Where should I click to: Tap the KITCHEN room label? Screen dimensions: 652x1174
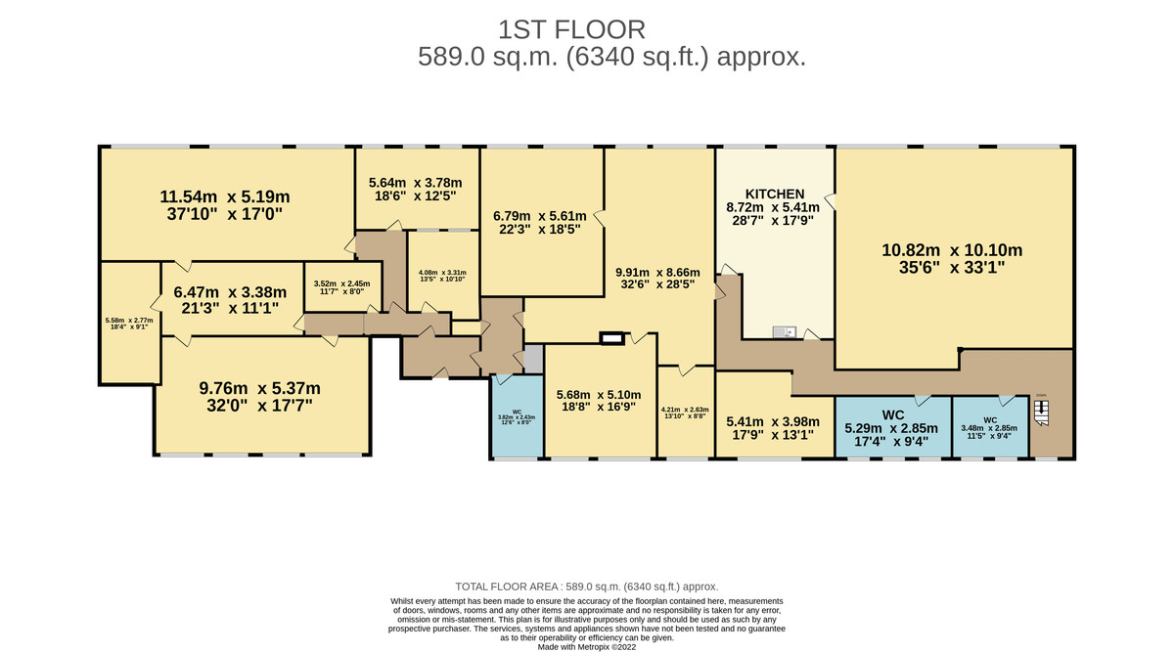(x=775, y=194)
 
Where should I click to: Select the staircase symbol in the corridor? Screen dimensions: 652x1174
(x=1042, y=414)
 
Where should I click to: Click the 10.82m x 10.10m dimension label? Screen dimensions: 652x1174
(x=951, y=257)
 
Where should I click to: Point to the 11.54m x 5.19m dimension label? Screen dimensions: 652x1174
(x=228, y=204)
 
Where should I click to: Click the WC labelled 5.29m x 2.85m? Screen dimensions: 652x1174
(x=892, y=427)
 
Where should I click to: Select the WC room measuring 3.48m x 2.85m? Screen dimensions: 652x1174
(x=990, y=427)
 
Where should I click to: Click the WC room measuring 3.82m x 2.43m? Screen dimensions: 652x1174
(x=516, y=417)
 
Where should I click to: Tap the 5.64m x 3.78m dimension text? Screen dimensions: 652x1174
(x=415, y=190)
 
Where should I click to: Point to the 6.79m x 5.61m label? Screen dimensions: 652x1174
(x=539, y=224)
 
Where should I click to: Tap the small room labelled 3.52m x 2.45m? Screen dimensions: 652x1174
(x=337, y=285)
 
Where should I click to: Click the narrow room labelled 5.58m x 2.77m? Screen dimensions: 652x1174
(x=129, y=324)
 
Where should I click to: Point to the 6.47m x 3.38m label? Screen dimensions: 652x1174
(x=229, y=299)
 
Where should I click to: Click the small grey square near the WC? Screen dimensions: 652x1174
(x=532, y=358)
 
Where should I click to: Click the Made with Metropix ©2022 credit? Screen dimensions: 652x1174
(x=587, y=646)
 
